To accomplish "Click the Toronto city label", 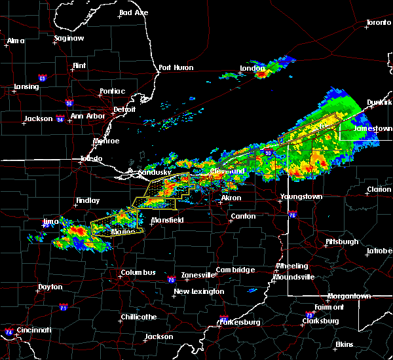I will point(379,22).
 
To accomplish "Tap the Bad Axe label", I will point(134,12).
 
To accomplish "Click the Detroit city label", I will point(124,109).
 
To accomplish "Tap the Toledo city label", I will point(91,159).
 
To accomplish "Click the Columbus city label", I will point(138,272).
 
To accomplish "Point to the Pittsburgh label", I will point(342,242).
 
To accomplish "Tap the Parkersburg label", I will point(238,322).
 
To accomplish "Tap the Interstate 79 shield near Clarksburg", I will point(307,314).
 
